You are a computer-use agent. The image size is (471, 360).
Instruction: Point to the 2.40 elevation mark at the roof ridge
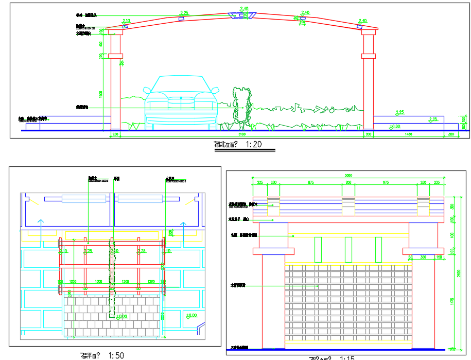(x=245, y=9)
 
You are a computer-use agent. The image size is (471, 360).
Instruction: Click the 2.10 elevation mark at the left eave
(x=126, y=21)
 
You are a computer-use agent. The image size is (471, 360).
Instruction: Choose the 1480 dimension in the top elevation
(x=408, y=134)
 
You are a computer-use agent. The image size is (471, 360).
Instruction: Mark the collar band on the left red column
(x=115, y=56)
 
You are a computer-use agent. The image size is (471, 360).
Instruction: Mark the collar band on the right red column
(x=368, y=56)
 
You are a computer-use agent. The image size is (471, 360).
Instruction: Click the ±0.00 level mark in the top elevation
(x=395, y=126)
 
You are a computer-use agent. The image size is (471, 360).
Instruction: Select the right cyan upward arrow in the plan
(x=182, y=226)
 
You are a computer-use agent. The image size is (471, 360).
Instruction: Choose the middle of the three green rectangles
(x=348, y=250)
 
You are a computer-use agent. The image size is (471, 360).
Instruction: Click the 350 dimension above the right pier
(x=424, y=256)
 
